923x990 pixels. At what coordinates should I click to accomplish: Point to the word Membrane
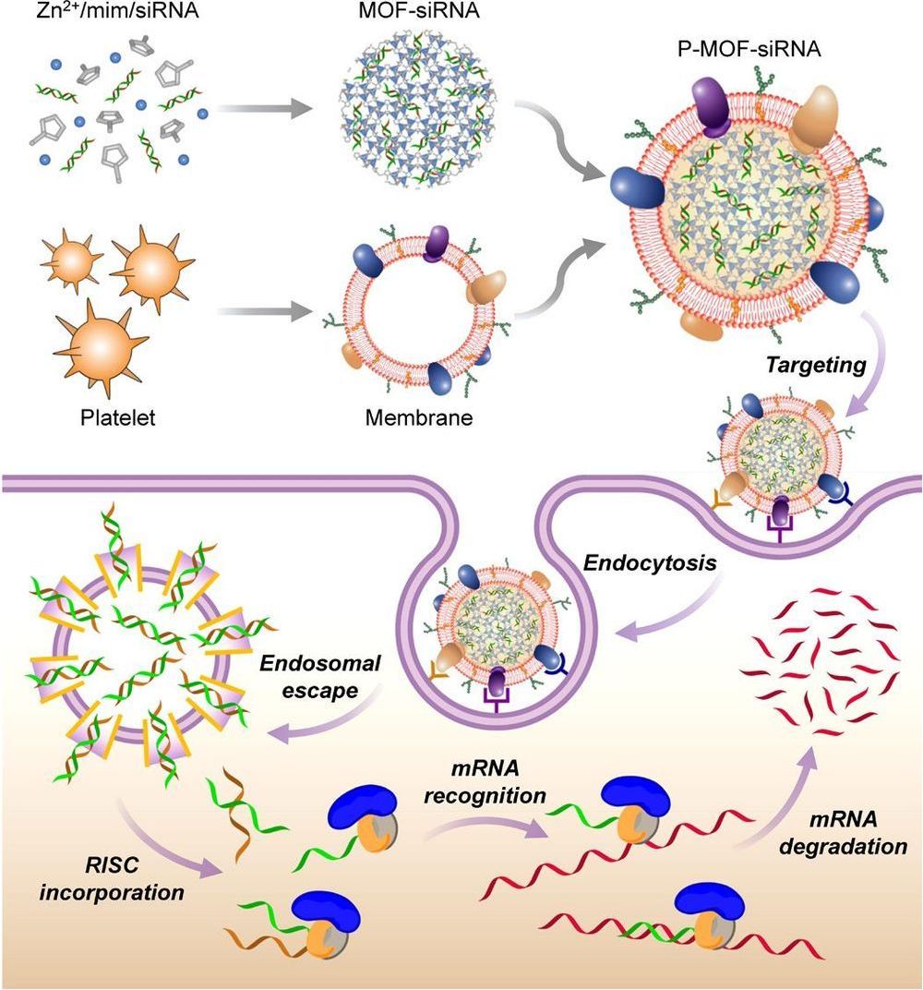419,417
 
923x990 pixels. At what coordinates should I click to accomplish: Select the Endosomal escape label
308,676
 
